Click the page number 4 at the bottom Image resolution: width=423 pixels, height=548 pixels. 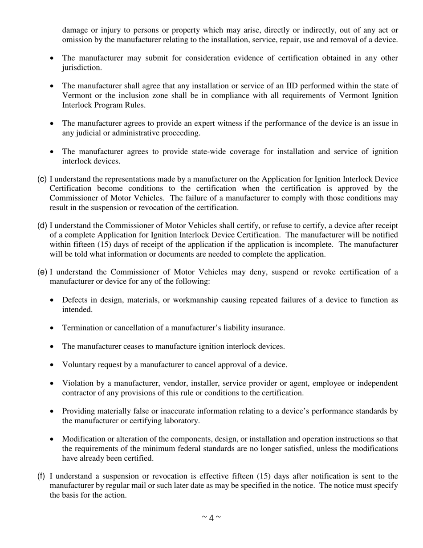tap(211, 518)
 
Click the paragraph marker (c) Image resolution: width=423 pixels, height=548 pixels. tap(42, 179)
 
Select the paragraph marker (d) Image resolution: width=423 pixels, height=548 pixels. tap(42, 225)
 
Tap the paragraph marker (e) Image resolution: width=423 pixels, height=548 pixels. tap(42, 272)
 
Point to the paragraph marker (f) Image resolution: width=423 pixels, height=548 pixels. tap(41, 476)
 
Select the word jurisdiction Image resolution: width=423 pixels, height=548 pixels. tap(82, 68)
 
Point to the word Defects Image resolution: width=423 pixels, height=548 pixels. tap(75, 300)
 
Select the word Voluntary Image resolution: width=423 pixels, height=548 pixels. tap(78, 364)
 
